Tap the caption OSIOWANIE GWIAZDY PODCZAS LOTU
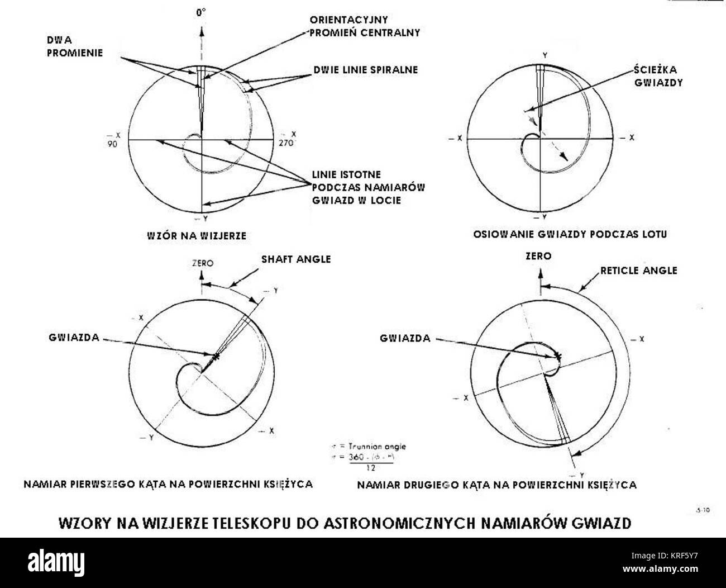570,234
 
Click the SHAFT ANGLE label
296,259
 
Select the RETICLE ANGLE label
639,271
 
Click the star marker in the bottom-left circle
215,355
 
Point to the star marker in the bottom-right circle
557,355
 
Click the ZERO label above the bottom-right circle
539,256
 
